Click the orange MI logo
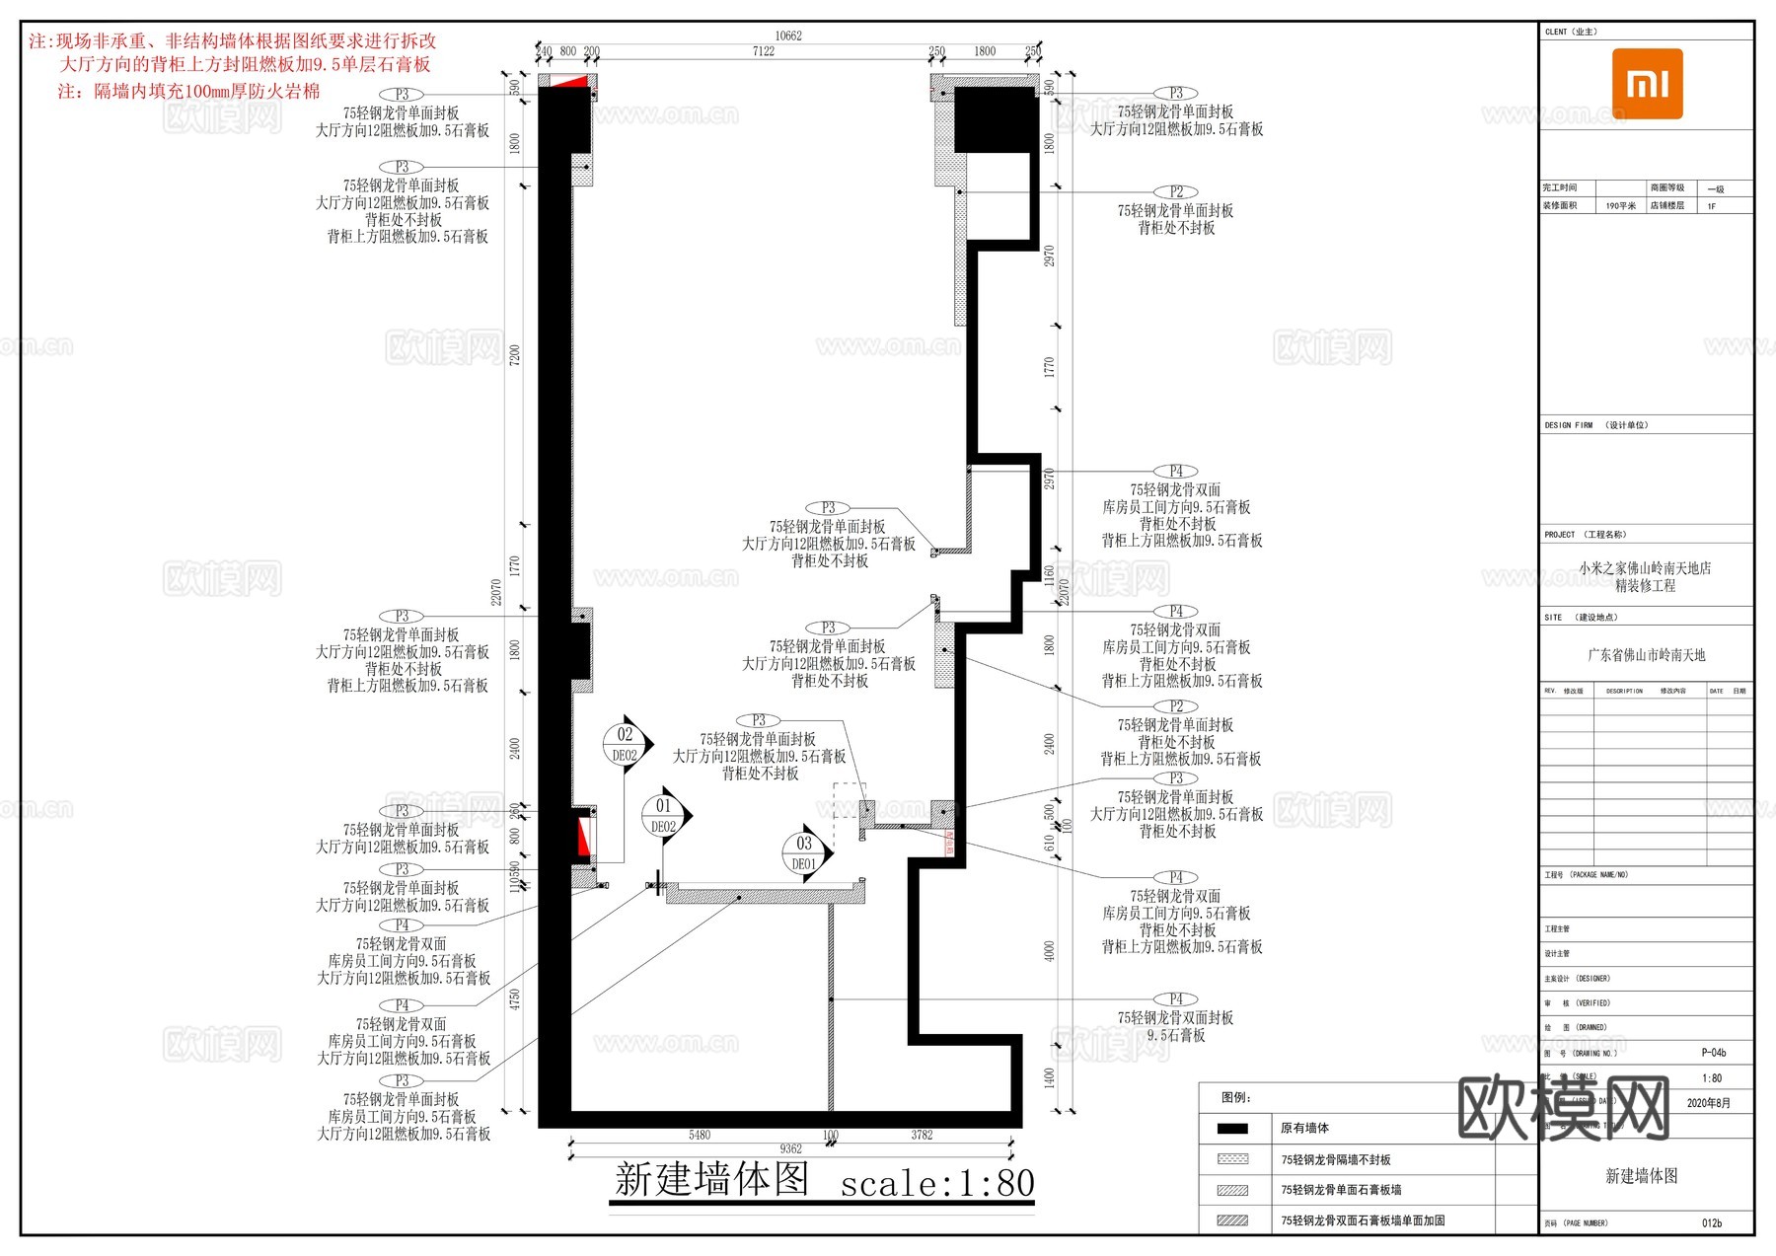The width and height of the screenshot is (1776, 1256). (x=1647, y=84)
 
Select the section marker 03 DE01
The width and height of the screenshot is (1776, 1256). (x=805, y=853)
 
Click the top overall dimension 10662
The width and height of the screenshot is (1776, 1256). (x=787, y=36)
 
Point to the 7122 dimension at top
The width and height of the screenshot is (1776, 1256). (x=763, y=51)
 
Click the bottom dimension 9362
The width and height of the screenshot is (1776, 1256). (x=790, y=1148)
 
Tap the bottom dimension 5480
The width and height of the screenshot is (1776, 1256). (x=699, y=1135)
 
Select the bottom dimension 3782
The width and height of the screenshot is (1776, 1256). (x=921, y=1135)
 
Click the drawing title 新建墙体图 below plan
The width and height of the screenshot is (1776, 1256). (x=711, y=1180)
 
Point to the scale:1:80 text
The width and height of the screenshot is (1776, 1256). (x=936, y=1183)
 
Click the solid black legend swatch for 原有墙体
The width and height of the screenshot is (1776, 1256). (x=1232, y=1128)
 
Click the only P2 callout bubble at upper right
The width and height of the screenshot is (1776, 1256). (x=1176, y=191)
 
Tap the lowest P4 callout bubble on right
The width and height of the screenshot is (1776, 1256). (x=1176, y=999)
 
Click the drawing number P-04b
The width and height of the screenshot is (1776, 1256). (x=1713, y=1053)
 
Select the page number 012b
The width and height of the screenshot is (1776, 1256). (x=1712, y=1223)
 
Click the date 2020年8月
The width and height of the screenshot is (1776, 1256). (x=1708, y=1103)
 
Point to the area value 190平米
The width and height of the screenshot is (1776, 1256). (x=1619, y=206)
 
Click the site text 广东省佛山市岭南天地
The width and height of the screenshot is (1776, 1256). (x=1646, y=655)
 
